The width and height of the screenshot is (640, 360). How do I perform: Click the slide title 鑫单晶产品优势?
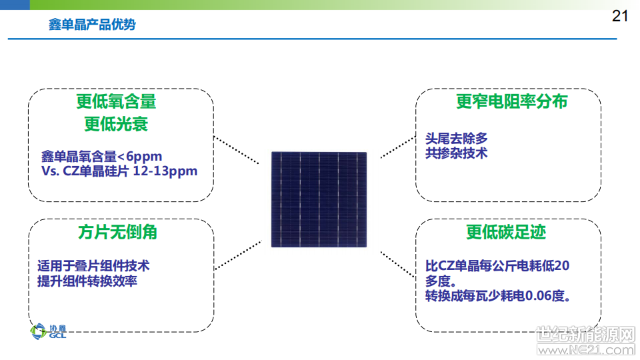click(x=92, y=25)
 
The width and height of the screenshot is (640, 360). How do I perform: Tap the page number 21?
click(x=619, y=16)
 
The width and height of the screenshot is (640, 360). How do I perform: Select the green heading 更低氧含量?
click(x=116, y=101)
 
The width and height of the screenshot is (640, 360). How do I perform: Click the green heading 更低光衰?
click(x=116, y=124)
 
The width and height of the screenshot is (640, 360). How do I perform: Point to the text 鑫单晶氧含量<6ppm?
click(x=101, y=156)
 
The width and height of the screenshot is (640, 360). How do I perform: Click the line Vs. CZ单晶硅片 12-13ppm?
click(x=119, y=171)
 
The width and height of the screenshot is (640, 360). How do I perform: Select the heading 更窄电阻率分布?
click(x=512, y=101)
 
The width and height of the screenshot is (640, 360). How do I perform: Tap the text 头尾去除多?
click(x=456, y=139)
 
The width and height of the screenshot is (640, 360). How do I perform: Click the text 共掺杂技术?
click(x=456, y=153)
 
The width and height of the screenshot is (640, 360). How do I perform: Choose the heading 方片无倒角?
click(x=117, y=232)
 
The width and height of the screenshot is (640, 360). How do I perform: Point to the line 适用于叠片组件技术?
click(x=93, y=266)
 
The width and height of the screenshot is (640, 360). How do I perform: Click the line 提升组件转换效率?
click(x=87, y=281)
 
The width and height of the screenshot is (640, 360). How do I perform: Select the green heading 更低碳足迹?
click(x=506, y=232)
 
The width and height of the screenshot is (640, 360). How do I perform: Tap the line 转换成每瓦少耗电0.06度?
click(x=498, y=295)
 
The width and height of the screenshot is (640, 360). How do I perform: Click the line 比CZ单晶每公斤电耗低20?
click(x=497, y=266)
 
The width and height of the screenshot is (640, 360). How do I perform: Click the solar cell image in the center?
click(x=319, y=199)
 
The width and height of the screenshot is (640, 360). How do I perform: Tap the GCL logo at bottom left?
click(x=48, y=331)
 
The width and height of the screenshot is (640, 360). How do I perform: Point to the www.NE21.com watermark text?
click(x=586, y=350)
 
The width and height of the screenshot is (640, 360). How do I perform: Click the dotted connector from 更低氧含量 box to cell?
click(x=236, y=150)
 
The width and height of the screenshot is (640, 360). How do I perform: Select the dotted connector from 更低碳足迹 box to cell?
click(x=398, y=265)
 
